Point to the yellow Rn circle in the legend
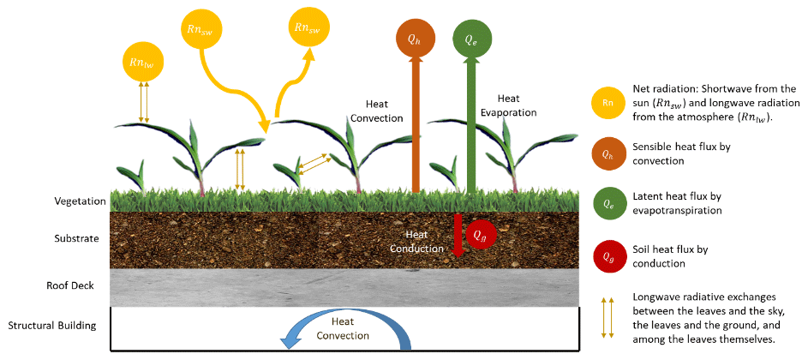click(x=607, y=104)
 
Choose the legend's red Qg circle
click(x=607, y=255)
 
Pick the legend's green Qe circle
click(x=607, y=204)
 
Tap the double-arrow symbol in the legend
click(x=607, y=316)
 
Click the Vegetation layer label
click(x=80, y=202)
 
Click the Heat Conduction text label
click(x=416, y=241)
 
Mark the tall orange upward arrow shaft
click(x=416, y=129)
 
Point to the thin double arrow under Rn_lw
click(x=144, y=101)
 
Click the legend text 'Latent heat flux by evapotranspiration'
click(x=677, y=203)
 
